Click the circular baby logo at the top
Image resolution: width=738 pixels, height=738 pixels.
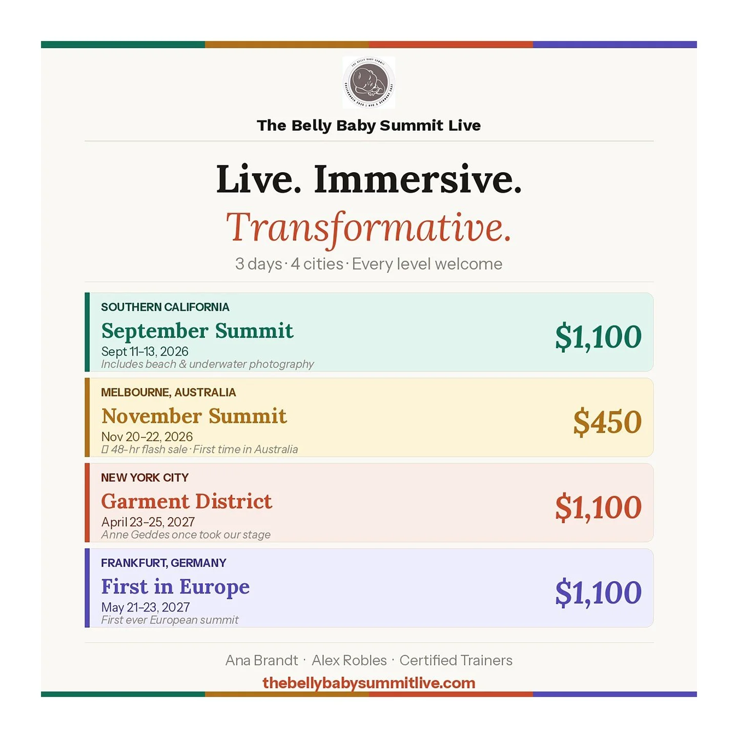click(x=368, y=83)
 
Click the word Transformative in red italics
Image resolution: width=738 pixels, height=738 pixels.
click(x=368, y=228)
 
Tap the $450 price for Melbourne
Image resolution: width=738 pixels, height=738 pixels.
click(x=607, y=422)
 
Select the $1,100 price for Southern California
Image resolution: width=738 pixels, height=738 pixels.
click(x=598, y=337)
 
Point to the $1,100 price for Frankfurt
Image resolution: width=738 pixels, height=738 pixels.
click(x=598, y=592)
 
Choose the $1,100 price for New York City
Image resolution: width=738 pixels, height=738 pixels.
click(x=598, y=507)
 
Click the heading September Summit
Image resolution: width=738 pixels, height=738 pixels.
click(x=197, y=331)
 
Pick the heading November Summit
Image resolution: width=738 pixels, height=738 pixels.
click(x=194, y=416)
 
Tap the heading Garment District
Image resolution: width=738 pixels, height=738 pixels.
click(x=187, y=501)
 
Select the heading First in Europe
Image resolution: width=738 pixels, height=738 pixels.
click(x=175, y=587)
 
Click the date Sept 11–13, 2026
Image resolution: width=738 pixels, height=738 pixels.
click(x=145, y=352)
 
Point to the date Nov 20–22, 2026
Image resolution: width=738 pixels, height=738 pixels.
click(x=147, y=437)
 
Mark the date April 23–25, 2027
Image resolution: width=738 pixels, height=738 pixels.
click(x=148, y=522)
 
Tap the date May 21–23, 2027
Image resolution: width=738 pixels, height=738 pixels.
click(x=146, y=607)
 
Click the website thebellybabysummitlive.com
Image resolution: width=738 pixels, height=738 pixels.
click(x=368, y=683)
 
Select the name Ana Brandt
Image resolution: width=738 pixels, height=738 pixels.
click(x=261, y=660)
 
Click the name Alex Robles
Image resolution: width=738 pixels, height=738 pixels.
click(x=349, y=660)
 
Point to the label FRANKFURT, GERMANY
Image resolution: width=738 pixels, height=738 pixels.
click(x=163, y=563)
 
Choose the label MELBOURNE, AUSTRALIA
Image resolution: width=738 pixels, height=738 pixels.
click(x=168, y=393)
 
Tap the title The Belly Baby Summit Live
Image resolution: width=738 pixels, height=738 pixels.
click(x=368, y=126)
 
